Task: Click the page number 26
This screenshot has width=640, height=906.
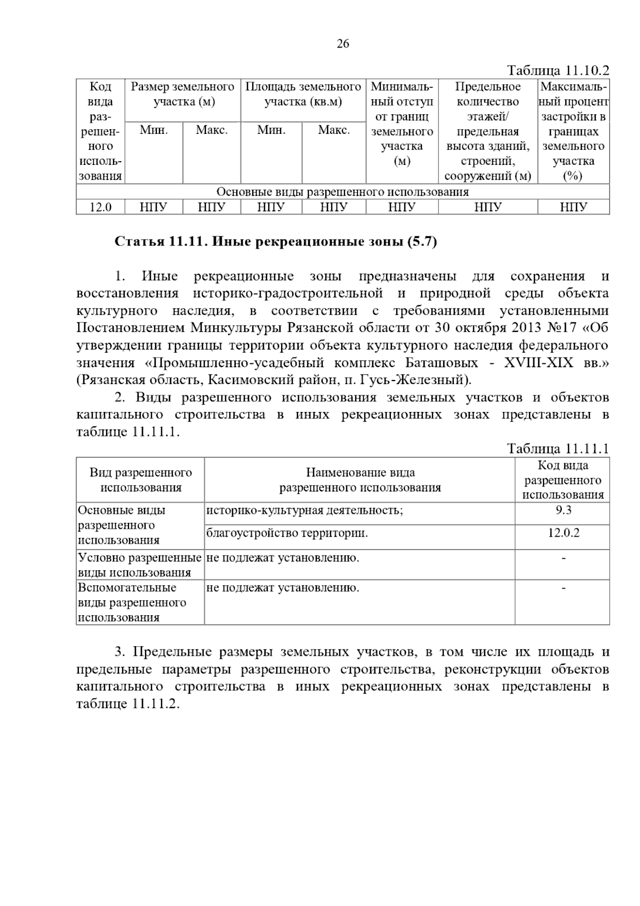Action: click(x=343, y=44)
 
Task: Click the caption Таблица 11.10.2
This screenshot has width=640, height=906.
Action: click(x=557, y=71)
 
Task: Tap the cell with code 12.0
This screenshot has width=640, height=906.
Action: click(x=100, y=207)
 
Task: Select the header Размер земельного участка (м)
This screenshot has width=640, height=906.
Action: click(x=183, y=94)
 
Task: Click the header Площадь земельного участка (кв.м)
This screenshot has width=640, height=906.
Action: click(x=303, y=94)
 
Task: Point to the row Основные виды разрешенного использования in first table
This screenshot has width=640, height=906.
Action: click(x=342, y=192)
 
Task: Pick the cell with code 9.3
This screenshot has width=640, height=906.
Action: click(x=563, y=510)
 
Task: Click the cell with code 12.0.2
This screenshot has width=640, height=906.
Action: click(x=563, y=533)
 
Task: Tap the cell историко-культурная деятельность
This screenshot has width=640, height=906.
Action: click(x=305, y=511)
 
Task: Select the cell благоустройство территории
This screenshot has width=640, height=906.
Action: click(x=287, y=533)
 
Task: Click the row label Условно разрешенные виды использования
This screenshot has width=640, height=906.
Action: click(x=140, y=565)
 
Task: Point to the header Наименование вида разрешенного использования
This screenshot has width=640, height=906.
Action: click(x=360, y=480)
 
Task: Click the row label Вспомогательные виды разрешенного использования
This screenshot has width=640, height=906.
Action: click(x=132, y=602)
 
